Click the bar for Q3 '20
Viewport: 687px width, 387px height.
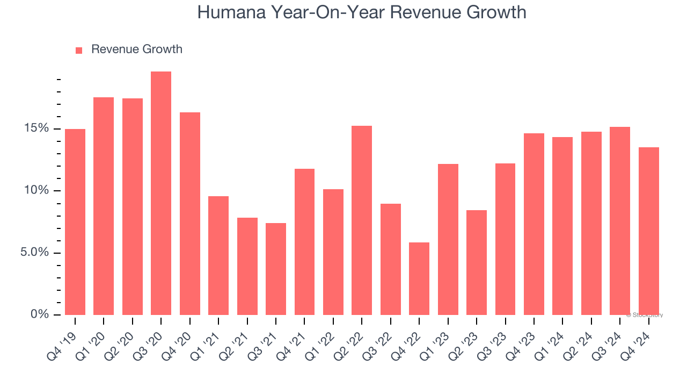(161, 193)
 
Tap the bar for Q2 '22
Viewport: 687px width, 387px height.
(362, 220)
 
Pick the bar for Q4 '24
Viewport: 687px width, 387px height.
(649, 231)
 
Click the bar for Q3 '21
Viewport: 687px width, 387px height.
(276, 269)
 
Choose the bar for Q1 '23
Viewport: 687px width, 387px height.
(448, 239)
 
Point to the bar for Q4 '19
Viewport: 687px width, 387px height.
(75, 221)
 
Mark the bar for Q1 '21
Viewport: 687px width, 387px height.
(218, 255)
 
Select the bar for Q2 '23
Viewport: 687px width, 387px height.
(477, 262)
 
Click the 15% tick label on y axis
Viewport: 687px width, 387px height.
(36, 128)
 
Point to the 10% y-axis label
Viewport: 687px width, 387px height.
(36, 191)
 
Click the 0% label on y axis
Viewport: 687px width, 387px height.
(40, 314)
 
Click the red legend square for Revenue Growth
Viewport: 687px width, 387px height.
(79, 50)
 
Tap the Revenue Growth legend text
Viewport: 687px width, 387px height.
(136, 49)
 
